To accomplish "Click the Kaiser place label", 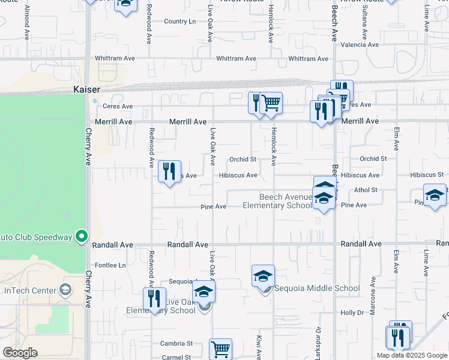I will [86, 89].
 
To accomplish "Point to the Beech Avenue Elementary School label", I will [277, 201].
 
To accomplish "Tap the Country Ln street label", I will [179, 22].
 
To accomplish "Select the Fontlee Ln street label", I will [110, 265].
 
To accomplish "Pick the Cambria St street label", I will [176, 344].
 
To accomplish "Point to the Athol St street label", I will [365, 190].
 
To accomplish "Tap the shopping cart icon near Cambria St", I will [220, 348].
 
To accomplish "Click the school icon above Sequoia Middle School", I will [263, 276].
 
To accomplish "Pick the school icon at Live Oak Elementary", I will [203, 292].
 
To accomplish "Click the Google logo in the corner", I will [20, 353].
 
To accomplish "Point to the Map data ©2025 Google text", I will [412, 355].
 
